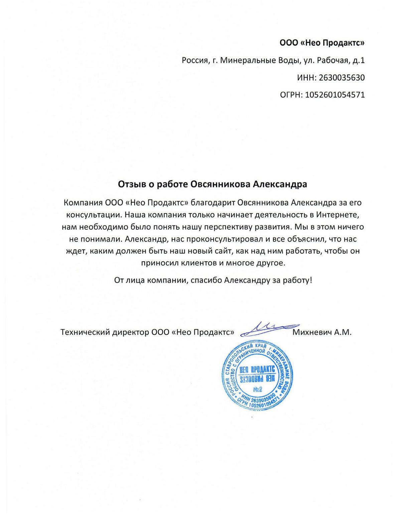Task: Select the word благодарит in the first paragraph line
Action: click(221, 203)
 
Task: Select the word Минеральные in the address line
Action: click(248, 60)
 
